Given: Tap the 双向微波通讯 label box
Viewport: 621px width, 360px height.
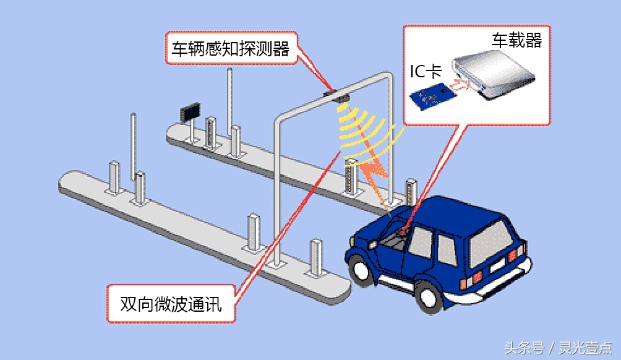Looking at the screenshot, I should tap(171, 304).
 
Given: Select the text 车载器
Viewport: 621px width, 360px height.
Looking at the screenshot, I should tap(516, 41).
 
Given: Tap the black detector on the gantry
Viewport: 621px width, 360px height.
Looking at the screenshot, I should tap(337, 95).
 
